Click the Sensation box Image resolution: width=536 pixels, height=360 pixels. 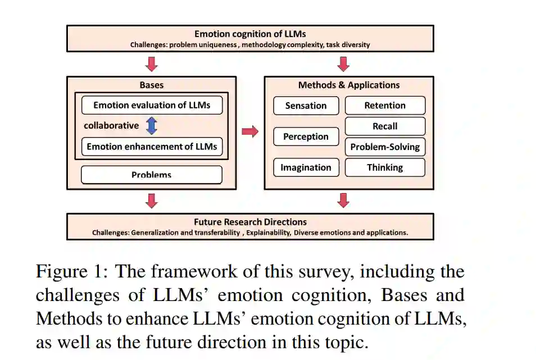[x=306, y=106]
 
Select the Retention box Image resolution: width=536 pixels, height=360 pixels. [x=385, y=105]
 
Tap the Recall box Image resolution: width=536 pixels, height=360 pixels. [x=385, y=126]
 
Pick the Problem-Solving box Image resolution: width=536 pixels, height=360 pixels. [x=385, y=147]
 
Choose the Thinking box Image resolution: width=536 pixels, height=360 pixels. [x=385, y=167]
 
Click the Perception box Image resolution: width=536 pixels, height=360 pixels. [x=306, y=136]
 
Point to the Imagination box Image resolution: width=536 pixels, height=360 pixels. [x=306, y=167]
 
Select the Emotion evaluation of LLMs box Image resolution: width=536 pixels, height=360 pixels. [x=152, y=105]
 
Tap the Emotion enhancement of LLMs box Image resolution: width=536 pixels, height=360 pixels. [x=152, y=147]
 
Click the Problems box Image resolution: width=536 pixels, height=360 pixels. [x=152, y=175]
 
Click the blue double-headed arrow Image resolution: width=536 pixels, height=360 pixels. [x=152, y=126]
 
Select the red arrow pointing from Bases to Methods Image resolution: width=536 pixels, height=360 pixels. [x=250, y=131]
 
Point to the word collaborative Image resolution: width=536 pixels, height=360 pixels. [x=111, y=126]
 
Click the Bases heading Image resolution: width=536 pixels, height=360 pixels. [x=152, y=85]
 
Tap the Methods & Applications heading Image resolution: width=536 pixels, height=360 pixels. [x=349, y=85]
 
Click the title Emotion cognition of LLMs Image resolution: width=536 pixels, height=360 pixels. [x=250, y=34]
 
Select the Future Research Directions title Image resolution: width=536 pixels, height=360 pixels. [x=250, y=222]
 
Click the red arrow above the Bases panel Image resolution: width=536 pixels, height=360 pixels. [x=152, y=64]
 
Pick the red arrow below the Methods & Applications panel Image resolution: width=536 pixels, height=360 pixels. [x=343, y=200]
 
